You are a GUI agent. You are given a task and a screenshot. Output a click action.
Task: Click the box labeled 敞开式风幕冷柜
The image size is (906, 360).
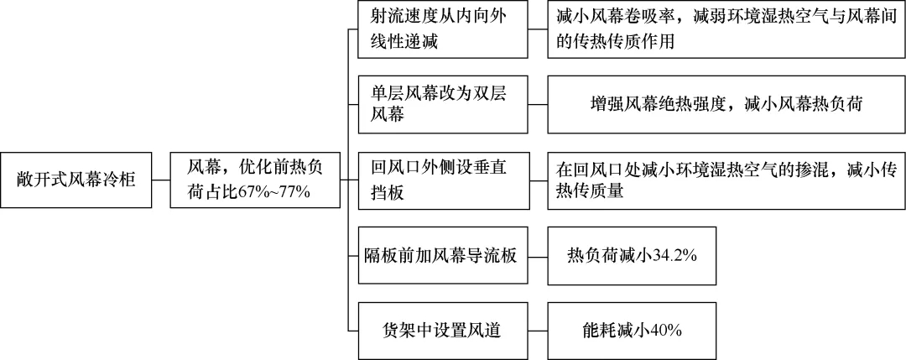point(75,180)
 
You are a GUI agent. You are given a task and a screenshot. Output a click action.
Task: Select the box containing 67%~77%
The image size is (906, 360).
point(255,180)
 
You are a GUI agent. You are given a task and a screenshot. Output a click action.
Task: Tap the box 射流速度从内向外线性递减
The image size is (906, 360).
point(443,29)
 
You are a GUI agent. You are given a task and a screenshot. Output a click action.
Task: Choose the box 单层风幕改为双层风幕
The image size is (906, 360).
point(443,105)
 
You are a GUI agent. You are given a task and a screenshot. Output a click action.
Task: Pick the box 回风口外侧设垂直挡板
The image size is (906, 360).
point(443,180)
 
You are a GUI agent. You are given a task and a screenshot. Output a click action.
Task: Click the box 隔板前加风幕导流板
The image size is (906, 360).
point(443,255)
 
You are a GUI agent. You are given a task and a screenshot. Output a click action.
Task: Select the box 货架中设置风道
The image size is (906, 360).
point(443,331)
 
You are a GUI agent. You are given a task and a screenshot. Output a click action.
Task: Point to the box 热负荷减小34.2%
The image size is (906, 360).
point(632,255)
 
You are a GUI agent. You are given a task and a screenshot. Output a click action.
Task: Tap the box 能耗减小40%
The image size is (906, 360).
point(632,331)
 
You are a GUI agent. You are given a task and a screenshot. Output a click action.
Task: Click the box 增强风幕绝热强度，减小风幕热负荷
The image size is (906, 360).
point(726,105)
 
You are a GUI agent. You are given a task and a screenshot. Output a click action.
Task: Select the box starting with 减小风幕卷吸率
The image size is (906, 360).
point(726,29)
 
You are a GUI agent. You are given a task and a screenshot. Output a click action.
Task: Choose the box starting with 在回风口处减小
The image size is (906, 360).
point(726,180)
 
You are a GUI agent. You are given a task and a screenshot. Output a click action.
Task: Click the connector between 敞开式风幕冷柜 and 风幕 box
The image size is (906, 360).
point(161,180)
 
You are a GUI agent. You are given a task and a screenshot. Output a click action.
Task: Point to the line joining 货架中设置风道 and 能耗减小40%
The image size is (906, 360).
point(539,331)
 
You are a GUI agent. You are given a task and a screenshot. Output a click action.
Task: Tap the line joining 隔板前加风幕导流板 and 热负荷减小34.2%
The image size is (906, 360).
point(539,255)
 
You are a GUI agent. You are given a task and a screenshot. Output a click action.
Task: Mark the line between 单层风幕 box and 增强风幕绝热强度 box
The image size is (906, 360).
point(539,105)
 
